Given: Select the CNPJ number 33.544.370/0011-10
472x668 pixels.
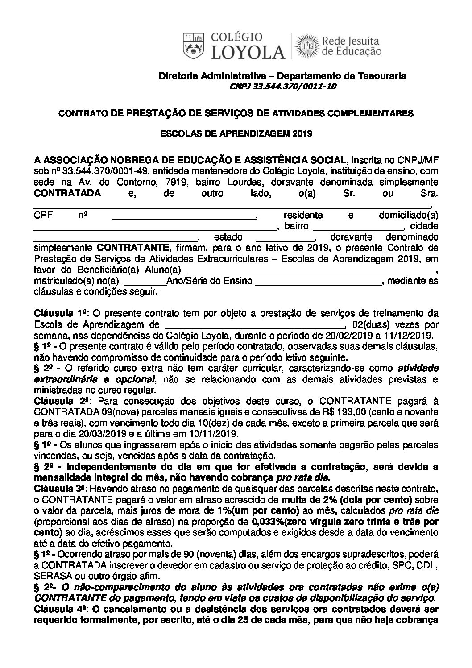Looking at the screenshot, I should point(282,87).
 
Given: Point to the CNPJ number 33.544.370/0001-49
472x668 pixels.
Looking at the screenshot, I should point(95,171).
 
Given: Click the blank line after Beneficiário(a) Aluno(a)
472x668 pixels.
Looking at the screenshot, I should point(311,270).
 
